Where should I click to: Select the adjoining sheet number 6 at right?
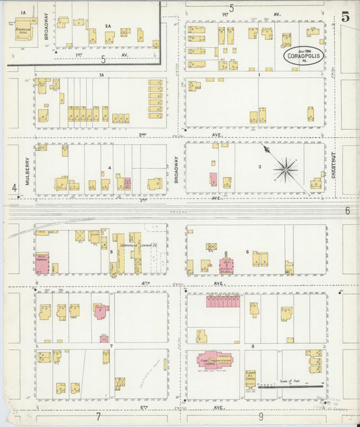347,211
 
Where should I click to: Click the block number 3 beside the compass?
259,166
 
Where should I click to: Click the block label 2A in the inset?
107,26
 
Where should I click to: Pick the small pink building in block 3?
213,180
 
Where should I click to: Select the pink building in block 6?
226,264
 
